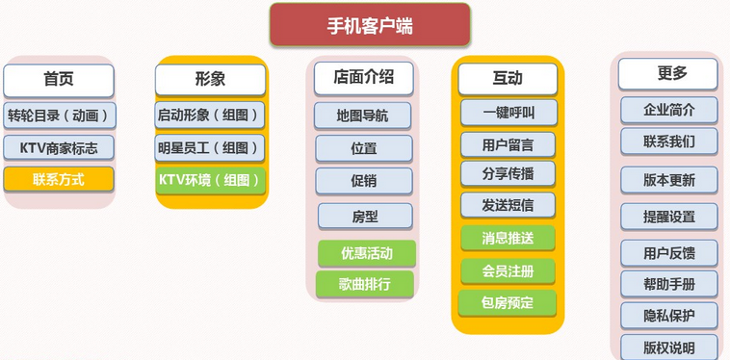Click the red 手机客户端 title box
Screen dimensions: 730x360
coord(370,26)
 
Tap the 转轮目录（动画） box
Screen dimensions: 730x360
coord(59,116)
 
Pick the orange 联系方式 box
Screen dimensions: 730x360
coord(59,179)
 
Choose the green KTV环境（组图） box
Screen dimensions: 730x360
coord(210,179)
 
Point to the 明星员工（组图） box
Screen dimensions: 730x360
coord(210,147)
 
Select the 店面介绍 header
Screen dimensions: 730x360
coord(363,77)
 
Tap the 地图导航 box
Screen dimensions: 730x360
coord(363,116)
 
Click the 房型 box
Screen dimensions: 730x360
coord(365,216)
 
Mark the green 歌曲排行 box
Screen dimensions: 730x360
coord(365,284)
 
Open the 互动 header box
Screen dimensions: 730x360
coord(508,79)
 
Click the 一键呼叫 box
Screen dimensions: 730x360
coord(508,113)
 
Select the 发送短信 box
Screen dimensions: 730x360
coord(508,204)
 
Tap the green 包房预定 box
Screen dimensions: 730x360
coord(508,302)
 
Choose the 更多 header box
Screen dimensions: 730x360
coord(667,74)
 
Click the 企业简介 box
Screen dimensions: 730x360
coord(668,110)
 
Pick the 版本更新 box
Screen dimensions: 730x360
coord(668,180)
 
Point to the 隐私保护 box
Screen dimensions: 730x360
coord(668,315)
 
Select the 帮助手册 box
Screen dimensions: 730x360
coord(668,284)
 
